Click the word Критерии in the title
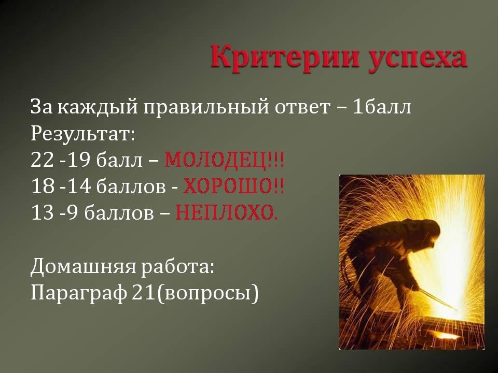pyautogui.click(x=285, y=57)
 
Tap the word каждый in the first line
pyautogui.click(x=99, y=107)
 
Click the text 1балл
pyautogui.click(x=381, y=107)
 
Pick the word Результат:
pyautogui.click(x=83, y=134)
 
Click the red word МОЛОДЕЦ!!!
pyautogui.click(x=224, y=161)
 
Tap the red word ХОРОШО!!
pyautogui.click(x=233, y=186)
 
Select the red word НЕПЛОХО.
pyautogui.click(x=227, y=212)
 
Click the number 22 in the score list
pyautogui.click(x=43, y=160)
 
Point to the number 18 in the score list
pyautogui.click(x=43, y=186)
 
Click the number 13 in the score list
pyautogui.click(x=43, y=212)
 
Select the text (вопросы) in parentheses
pyautogui.click(x=208, y=293)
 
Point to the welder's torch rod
pyautogui.click(x=437, y=299)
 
